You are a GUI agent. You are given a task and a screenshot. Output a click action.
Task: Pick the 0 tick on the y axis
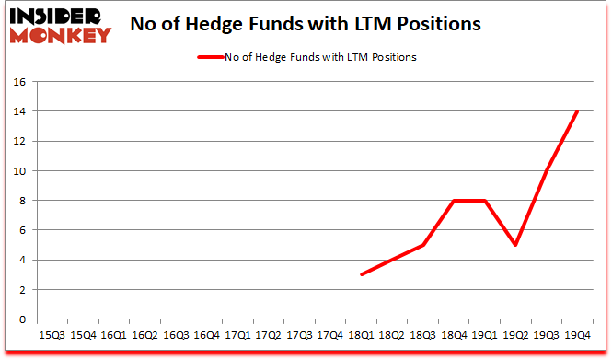(20, 319)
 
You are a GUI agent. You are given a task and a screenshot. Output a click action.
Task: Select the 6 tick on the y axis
(20, 230)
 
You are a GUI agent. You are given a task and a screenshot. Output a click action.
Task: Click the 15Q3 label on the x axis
(51, 336)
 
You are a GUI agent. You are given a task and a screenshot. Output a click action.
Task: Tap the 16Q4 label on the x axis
(207, 336)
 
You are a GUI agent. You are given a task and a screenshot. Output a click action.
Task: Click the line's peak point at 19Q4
(577, 111)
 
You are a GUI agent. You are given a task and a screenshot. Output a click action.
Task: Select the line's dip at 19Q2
(515, 245)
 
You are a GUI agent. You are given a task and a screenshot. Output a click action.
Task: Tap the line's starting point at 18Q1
(361, 274)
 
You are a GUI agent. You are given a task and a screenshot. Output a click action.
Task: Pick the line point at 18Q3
(422, 245)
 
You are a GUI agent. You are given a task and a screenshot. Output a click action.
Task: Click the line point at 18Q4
(454, 201)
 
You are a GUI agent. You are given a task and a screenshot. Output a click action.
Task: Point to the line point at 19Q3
(547, 171)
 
